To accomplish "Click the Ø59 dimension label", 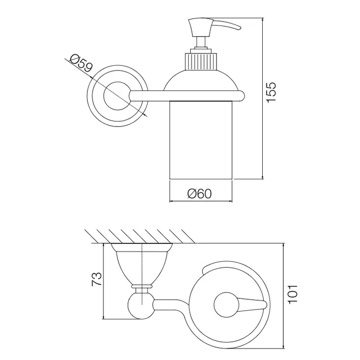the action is point(81,63).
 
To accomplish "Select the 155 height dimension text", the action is point(271,92).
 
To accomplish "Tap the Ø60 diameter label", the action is point(200,194).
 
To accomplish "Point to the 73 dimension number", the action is point(97,279).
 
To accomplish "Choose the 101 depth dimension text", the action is point(293,294).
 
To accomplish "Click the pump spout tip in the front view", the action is point(240,28).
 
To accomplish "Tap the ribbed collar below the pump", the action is point(201,61).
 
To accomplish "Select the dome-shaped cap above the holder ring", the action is point(201,80).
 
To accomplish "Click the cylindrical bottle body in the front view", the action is point(201,140).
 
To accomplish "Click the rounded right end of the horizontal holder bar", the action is point(241,96).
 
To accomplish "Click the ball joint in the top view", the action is point(140,306).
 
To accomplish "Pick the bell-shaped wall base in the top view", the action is point(142,264).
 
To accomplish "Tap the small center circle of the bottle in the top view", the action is point(227,305).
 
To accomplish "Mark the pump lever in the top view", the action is point(253,305).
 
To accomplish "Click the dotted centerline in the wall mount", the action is point(142,274).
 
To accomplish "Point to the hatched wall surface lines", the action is point(140,236).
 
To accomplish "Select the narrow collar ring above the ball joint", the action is point(141,286).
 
